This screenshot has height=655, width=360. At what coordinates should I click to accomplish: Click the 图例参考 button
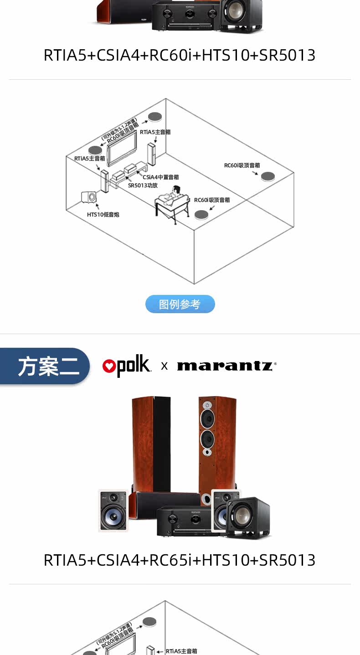point(180,304)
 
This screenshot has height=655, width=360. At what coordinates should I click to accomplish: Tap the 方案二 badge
point(46,366)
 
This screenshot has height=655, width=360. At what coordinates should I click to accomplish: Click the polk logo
point(127,366)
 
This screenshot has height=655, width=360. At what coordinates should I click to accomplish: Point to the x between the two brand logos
point(165,366)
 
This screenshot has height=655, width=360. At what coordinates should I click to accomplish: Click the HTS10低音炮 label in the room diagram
point(103,214)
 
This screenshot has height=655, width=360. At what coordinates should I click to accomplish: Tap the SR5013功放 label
point(143,186)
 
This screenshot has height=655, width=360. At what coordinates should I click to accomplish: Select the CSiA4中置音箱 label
point(161,177)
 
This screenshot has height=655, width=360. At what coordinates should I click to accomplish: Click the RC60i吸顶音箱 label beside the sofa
point(212,200)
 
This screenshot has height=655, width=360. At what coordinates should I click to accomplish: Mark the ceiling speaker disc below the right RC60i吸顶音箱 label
point(267,176)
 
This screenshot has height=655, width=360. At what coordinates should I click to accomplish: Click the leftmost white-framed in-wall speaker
point(113,510)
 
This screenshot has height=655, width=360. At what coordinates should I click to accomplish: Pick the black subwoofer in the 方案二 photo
point(248,517)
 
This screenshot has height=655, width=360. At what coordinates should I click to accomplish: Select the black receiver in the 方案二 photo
point(184,521)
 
